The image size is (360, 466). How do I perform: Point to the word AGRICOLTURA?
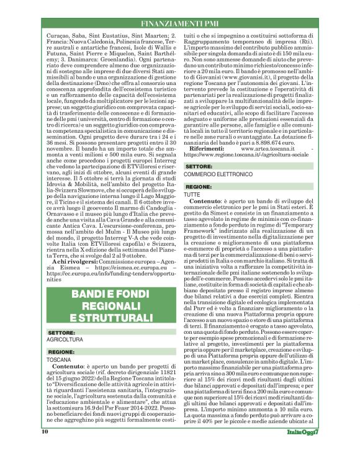66,340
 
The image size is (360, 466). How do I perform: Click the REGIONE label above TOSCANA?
61,352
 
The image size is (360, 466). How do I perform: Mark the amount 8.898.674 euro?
276,143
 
